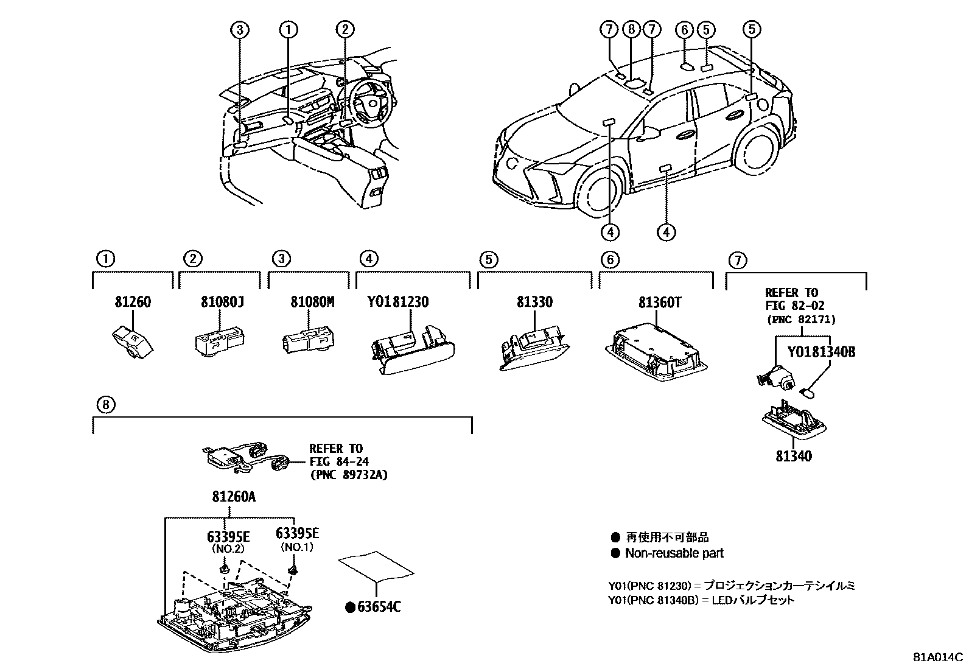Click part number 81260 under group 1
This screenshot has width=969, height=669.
click(x=133, y=302)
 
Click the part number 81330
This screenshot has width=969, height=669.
click(x=535, y=302)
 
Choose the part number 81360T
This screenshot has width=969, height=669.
click(x=660, y=302)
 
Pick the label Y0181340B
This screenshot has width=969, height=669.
click(x=821, y=352)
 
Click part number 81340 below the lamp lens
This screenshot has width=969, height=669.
click(x=793, y=455)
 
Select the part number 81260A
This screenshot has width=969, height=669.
click(x=233, y=497)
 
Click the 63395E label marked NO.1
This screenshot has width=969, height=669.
click(x=297, y=534)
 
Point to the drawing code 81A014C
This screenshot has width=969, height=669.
click(x=937, y=657)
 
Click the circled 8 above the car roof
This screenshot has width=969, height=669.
click(x=631, y=29)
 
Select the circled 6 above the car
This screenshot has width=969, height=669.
click(x=685, y=29)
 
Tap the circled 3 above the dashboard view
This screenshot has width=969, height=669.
click(x=240, y=29)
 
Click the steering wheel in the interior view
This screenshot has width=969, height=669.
click(x=368, y=101)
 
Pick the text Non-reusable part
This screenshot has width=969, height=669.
click(x=674, y=553)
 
